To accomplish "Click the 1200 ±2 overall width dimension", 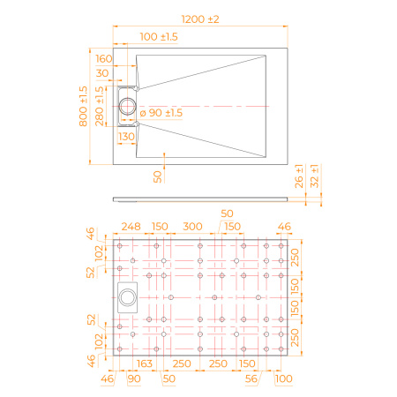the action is pos(200,19).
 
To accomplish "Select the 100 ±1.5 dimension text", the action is pos(159,37).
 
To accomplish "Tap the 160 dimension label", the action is pos(104,59).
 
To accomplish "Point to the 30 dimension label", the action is pos(102,73).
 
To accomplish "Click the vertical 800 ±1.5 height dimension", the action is pos(83,106).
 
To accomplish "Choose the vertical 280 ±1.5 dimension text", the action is pos(100,106).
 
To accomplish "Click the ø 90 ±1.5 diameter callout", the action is pos(161,113).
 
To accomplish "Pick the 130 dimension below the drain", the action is pos(126,137).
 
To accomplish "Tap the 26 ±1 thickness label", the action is pos(299,176).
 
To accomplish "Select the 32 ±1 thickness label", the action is pos(314,176).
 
